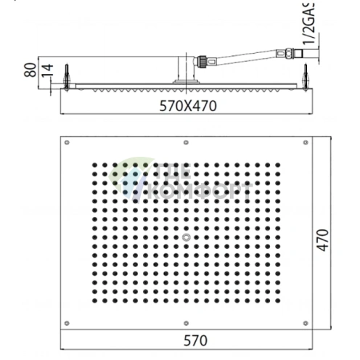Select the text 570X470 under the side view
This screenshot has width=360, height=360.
click(187, 105)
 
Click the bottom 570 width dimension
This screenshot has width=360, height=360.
click(187, 340)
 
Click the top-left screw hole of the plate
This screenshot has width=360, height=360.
click(67, 142)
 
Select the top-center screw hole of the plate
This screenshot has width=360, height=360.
click(187, 142)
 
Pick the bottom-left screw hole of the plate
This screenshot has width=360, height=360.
click(67, 322)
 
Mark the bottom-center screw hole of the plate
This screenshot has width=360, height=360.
click(187, 322)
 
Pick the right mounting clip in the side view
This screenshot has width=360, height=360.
click(307, 76)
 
